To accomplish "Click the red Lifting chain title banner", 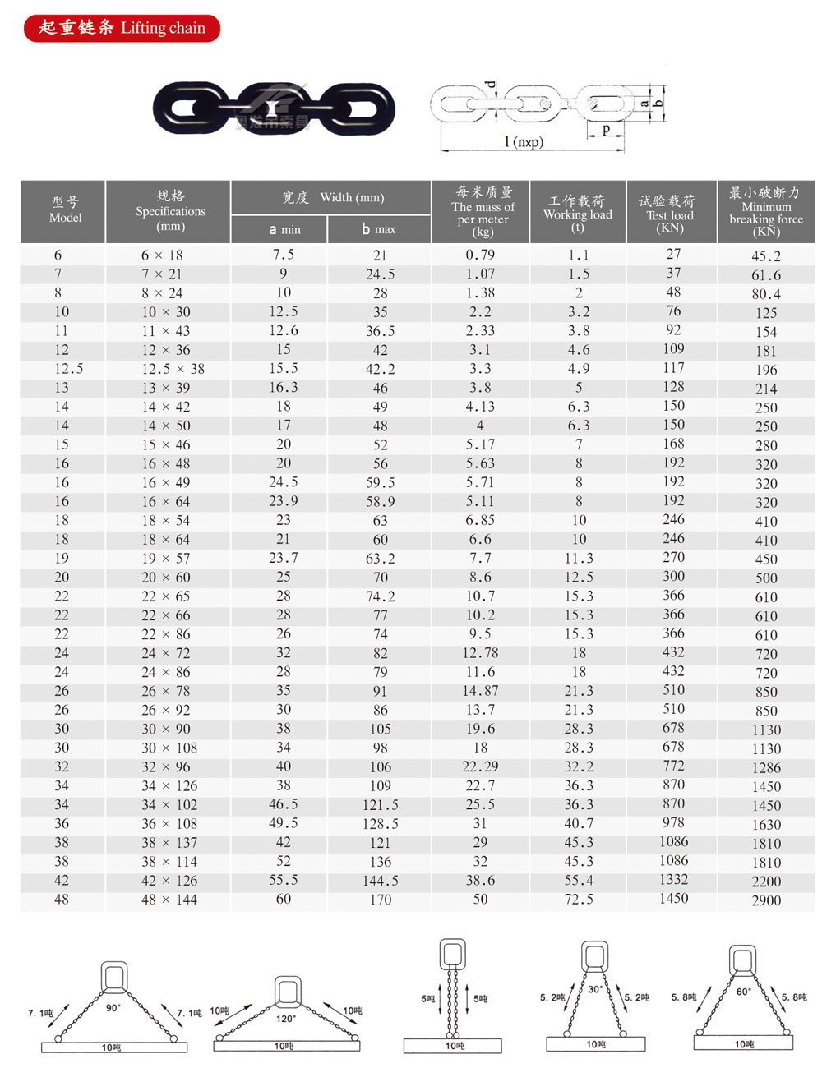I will pos(122,28).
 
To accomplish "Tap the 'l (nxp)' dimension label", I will pos(524,142).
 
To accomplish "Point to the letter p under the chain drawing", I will pos(607,129).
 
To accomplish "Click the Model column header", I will pos(65,210).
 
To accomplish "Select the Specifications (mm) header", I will pos(170,210).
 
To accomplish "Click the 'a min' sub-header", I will pos(284,229).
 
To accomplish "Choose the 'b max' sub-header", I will pos(379,229).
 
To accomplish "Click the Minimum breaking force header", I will pos(765,211).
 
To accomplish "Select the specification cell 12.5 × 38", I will pos(173,369).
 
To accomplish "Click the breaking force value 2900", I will pos(766,900).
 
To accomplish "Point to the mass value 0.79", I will pos(480,255).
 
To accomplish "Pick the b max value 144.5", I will pos(380,881).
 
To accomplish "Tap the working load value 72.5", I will pos(579,900).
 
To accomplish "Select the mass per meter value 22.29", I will pos(480,766).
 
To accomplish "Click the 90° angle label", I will pos(113,1007).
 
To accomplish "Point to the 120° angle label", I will pos(285,1019).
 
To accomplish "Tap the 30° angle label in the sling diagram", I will pos(595,989).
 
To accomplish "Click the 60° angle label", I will pos(743,992).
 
